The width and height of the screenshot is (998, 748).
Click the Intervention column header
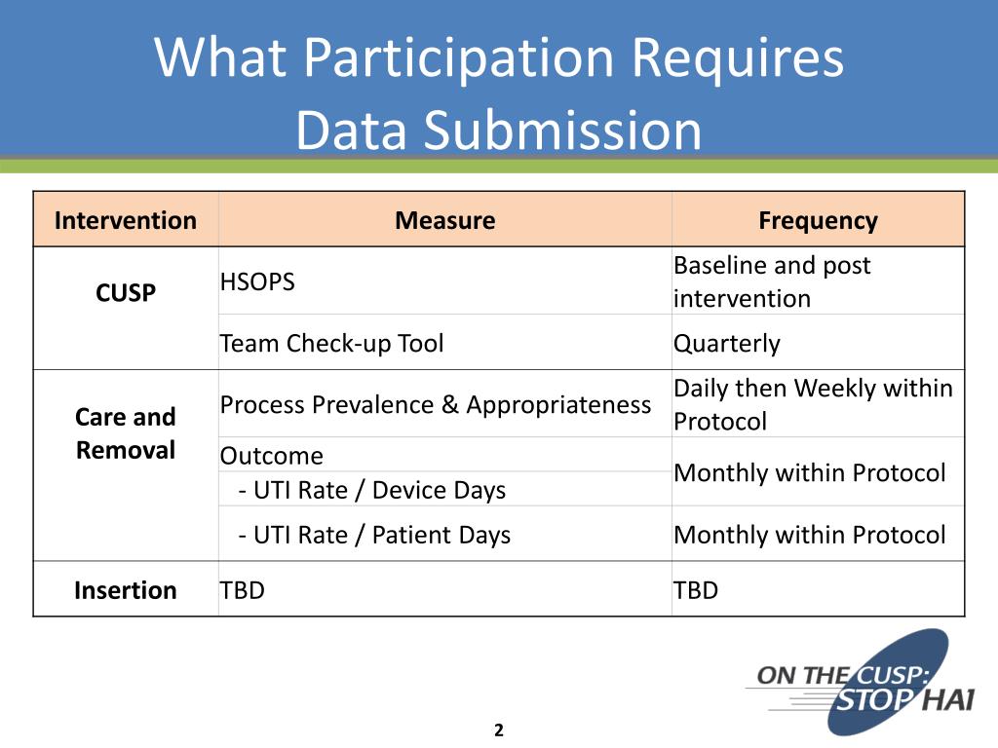[x=126, y=221]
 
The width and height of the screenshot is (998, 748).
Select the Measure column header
[x=444, y=221]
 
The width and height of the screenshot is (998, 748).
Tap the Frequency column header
[x=818, y=221]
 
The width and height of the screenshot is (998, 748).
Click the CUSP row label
[x=126, y=292]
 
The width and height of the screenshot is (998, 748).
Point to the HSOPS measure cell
[x=257, y=281]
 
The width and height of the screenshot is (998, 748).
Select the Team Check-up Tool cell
[x=331, y=344]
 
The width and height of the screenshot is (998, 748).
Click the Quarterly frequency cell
[x=727, y=344]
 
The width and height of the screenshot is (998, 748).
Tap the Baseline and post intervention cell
[x=772, y=281]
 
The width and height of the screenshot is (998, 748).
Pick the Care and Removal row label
[x=126, y=433]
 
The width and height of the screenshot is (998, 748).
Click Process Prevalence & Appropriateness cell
[x=436, y=405]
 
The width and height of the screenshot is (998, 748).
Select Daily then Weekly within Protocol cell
[x=813, y=404]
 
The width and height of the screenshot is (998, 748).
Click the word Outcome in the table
[x=272, y=456]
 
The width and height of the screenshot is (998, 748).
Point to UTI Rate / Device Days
[x=372, y=491]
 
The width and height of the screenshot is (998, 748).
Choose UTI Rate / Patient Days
[x=374, y=536]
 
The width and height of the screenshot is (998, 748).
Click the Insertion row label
[x=126, y=590]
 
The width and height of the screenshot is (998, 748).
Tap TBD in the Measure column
[x=243, y=590]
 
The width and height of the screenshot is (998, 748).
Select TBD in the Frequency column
[x=696, y=590]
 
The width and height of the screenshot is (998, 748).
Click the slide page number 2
[x=499, y=730]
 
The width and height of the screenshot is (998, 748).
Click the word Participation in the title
[x=458, y=58]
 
